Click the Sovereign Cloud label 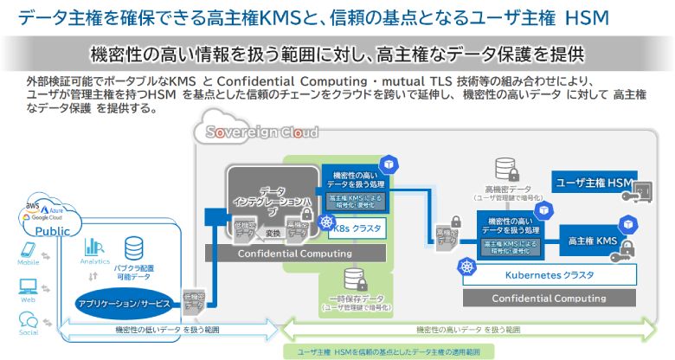pyautogui.click(x=257, y=132)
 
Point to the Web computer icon pyautogui.click(x=28, y=282)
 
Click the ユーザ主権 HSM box pyautogui.click(x=595, y=182)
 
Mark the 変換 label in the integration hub pyautogui.click(x=270, y=233)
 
